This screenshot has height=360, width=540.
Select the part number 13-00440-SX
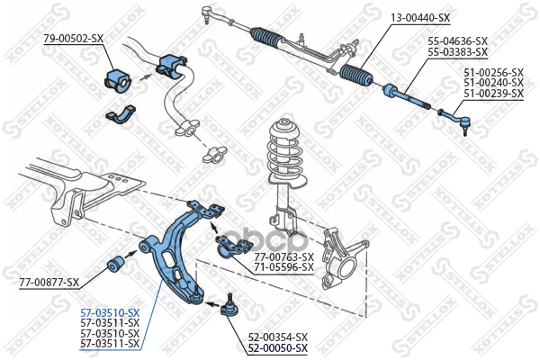[x=420, y=16]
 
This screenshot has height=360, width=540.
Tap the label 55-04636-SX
[x=457, y=41]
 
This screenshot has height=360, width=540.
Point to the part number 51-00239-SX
[x=493, y=94]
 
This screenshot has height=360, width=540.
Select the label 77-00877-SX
[x=49, y=283]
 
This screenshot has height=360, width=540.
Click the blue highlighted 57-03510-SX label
[x=110, y=311]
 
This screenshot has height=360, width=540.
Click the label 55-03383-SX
[x=457, y=52]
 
